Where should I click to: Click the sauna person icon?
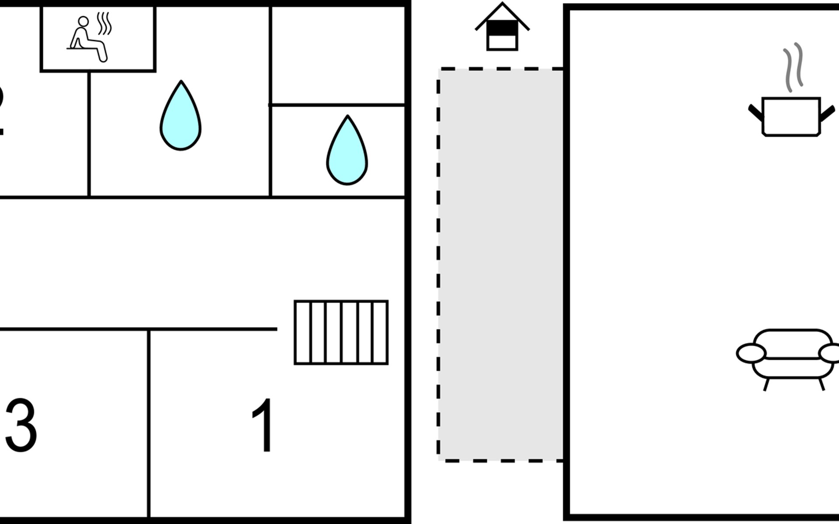click(87, 39)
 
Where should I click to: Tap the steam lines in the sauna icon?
click(104, 24)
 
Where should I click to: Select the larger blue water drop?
click(180, 118)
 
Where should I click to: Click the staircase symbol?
click(341, 332)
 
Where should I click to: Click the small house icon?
click(502, 28)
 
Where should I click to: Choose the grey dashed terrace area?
click(501, 264)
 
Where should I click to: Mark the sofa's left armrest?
click(751, 353)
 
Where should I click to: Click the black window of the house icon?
click(502, 28)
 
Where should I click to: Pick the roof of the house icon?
click(502, 13)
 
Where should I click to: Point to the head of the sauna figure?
click(83, 21)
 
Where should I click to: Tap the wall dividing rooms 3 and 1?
click(149, 424)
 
